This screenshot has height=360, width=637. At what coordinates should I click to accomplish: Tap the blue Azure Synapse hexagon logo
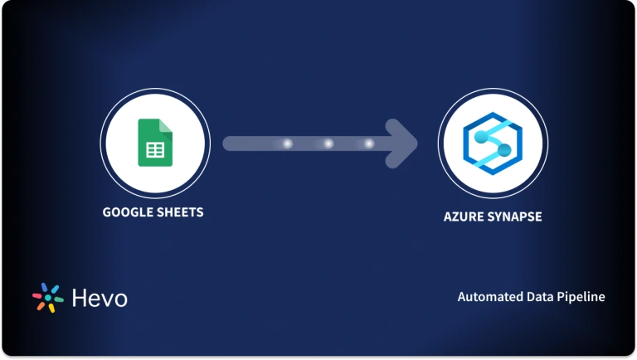[490, 143]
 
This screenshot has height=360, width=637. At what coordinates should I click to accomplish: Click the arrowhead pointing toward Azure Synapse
[402, 144]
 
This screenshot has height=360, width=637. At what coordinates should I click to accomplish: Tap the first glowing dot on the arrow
[288, 144]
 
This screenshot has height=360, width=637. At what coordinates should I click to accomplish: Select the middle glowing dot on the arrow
[328, 144]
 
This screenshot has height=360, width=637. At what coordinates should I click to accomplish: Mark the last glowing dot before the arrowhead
[369, 144]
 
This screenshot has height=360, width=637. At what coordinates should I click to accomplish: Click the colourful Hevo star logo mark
[47, 298]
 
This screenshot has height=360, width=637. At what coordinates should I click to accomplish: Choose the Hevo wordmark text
[100, 298]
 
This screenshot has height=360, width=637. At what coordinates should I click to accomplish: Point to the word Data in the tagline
[540, 296]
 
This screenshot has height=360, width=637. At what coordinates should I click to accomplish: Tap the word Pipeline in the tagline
[581, 296]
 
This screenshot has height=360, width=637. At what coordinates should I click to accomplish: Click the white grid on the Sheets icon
[153, 150]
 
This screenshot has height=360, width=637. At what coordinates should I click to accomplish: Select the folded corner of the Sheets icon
[165, 126]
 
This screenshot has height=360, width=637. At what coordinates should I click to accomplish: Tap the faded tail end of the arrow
[232, 144]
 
